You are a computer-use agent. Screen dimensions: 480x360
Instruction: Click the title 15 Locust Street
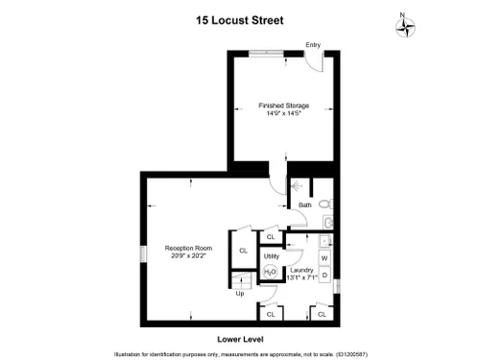(240, 20)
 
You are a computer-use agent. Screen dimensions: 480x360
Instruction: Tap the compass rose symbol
(405, 27)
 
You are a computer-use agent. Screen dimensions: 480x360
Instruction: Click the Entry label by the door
(313, 45)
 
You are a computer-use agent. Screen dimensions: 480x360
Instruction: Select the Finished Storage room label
(284, 106)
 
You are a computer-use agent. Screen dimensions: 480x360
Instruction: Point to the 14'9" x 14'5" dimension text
(284, 113)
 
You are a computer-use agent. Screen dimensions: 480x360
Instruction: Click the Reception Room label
(188, 248)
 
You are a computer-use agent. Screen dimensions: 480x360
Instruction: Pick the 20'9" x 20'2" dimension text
(188, 255)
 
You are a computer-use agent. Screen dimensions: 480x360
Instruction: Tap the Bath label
(305, 205)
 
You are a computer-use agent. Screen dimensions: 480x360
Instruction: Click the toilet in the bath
(326, 204)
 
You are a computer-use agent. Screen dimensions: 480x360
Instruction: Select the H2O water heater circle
(270, 272)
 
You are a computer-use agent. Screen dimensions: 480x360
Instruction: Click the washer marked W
(324, 258)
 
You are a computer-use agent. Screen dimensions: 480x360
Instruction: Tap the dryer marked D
(324, 275)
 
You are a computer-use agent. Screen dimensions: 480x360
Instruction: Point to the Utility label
(272, 256)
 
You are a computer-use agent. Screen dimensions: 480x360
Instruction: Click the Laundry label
(301, 270)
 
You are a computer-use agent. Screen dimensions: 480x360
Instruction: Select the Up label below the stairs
(240, 294)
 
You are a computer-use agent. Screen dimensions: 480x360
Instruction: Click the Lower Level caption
(240, 340)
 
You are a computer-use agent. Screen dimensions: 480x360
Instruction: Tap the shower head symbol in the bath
(296, 186)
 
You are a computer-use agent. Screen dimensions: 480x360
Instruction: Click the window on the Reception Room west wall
(143, 253)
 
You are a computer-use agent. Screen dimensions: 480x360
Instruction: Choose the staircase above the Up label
(242, 280)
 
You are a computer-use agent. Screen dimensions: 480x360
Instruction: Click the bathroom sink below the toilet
(328, 223)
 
